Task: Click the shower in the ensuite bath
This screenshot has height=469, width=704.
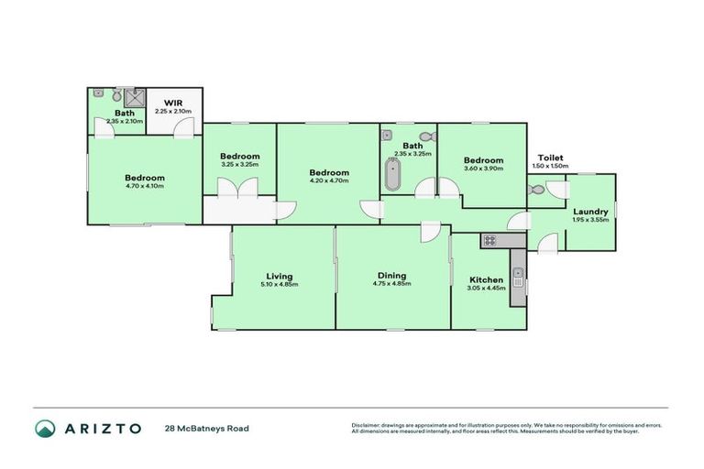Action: point(135,100)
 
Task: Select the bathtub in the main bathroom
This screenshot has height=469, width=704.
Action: point(392,173)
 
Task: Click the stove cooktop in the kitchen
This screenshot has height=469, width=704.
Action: point(489,241)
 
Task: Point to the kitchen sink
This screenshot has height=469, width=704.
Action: point(518,273)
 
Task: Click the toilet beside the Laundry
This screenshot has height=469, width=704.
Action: point(538,191)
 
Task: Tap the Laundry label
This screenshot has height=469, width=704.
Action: point(589,212)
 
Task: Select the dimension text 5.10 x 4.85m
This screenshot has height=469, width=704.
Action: point(279,285)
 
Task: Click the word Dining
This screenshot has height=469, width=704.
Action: point(391,276)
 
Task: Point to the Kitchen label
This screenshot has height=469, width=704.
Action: point(486,279)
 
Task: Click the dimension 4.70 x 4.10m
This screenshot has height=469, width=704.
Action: point(145,187)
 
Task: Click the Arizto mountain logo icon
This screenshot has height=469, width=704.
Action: point(46,428)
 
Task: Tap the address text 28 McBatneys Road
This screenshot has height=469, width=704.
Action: point(206,428)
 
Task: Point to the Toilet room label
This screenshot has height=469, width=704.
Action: point(550,158)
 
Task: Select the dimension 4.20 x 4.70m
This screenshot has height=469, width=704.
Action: point(328,181)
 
